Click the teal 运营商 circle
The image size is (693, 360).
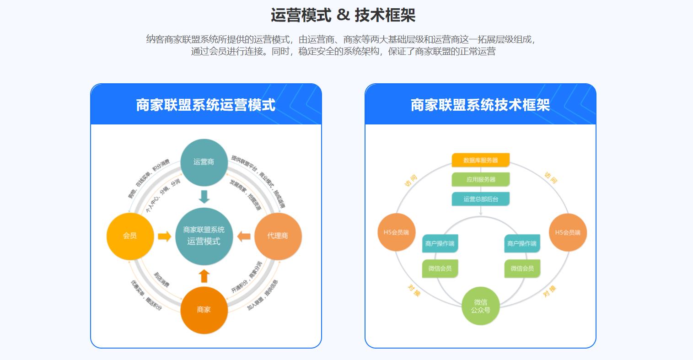coord(204,162)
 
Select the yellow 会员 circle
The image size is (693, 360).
coord(129,236)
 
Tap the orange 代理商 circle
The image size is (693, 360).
coord(278,236)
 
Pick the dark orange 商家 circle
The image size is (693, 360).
coord(204,310)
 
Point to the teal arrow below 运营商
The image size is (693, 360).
coord(204,197)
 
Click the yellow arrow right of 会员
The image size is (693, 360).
coord(164,236)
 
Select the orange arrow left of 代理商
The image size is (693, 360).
coord(244,236)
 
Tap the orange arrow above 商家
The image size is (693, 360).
coord(204,276)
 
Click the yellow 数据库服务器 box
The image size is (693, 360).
coord(480,160)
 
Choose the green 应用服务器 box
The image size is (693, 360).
coord(480,179)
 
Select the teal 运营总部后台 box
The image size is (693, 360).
coord(480,199)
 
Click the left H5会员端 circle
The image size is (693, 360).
coord(396,232)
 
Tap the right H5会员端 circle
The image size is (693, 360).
coord(567,232)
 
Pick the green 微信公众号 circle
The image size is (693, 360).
coord(480,306)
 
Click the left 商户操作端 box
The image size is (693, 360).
coord(440,243)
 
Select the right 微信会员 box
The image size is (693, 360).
coord(522,269)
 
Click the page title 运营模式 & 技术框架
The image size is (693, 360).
coord(343,15)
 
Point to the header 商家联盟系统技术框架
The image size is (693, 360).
coord(480,105)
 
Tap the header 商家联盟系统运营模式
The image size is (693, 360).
coord(206,105)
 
